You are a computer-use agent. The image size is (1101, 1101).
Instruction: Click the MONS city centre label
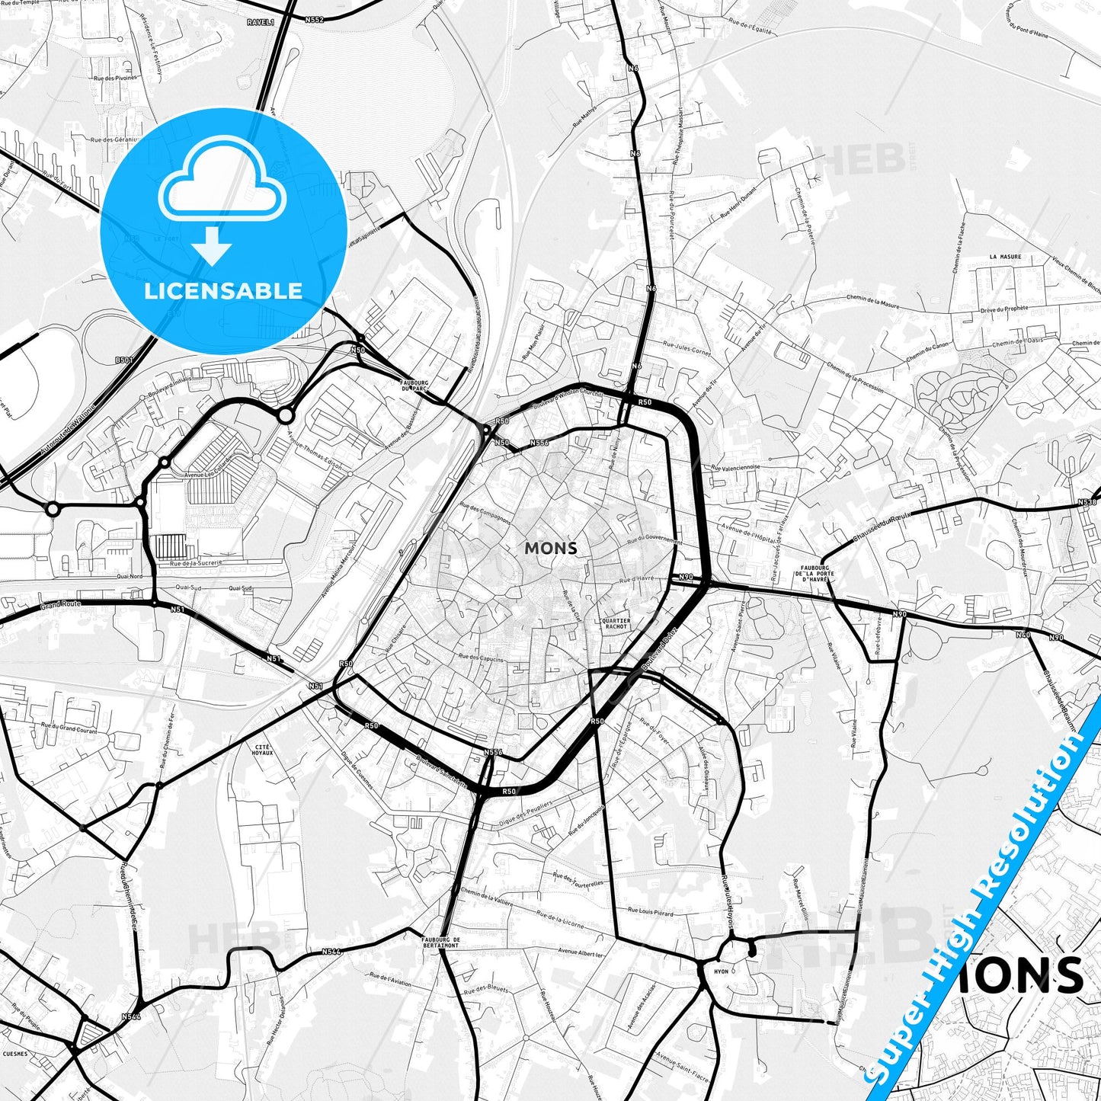550,548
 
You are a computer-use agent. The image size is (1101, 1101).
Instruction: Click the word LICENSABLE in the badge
223,290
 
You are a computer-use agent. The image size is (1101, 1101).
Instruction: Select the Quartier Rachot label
616,623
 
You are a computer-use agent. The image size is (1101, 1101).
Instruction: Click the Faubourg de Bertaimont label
440,943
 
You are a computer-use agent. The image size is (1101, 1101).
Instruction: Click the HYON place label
721,971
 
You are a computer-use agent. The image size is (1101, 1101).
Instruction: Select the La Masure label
1005,257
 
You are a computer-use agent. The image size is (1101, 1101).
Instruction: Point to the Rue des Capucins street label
481,657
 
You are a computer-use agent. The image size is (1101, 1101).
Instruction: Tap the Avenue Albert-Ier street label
581,952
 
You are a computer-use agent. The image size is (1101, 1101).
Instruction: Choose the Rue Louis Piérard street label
650,911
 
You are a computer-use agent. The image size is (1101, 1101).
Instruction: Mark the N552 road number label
313,19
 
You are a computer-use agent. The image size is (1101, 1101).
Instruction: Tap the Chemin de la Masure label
872,302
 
